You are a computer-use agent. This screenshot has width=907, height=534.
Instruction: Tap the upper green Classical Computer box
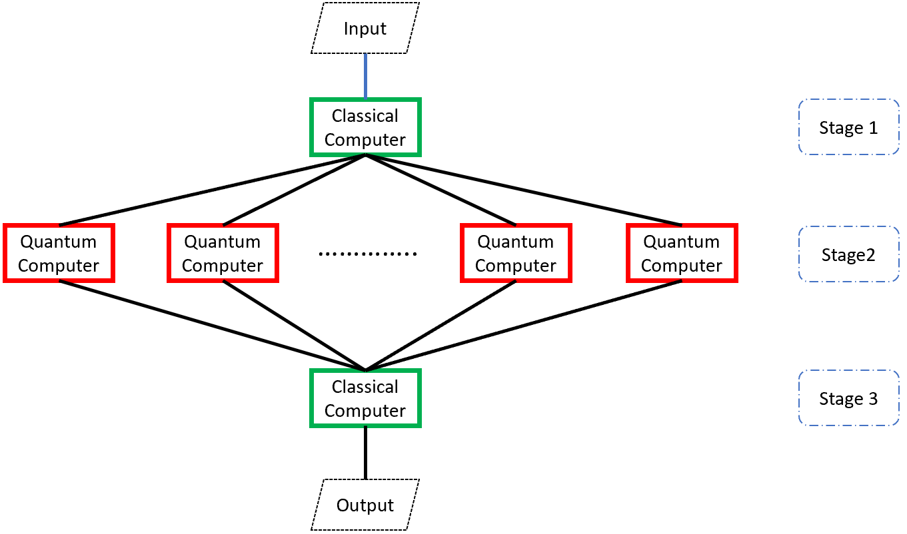click(x=365, y=127)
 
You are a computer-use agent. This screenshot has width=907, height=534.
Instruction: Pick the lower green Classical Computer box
click(x=365, y=398)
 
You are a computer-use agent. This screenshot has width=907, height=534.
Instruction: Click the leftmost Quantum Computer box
click(x=59, y=253)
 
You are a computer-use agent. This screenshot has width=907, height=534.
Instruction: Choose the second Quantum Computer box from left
click(x=223, y=253)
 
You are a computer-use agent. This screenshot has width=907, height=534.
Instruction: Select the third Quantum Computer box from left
click(x=516, y=253)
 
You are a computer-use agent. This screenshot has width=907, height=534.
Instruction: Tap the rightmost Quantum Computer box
click(x=681, y=253)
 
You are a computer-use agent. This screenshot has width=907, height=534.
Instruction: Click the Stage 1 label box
click(x=848, y=127)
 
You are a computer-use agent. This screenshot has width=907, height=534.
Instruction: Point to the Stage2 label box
click(x=848, y=254)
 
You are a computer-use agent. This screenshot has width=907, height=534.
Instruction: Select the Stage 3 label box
click(x=848, y=398)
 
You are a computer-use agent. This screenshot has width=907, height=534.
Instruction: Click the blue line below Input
click(x=365, y=76)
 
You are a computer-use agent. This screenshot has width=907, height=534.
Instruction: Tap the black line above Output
click(x=365, y=452)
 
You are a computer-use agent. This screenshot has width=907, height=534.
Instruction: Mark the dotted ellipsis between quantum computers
click(x=368, y=254)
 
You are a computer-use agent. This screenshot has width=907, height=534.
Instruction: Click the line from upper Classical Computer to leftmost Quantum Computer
click(x=212, y=190)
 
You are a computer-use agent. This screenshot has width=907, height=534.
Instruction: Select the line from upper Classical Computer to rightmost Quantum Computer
click(x=523, y=190)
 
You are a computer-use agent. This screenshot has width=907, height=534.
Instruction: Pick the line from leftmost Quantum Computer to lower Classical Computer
click(x=212, y=326)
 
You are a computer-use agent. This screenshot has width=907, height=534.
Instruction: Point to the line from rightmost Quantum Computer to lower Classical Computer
click(x=523, y=326)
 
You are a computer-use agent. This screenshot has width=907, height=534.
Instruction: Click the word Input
click(x=365, y=29)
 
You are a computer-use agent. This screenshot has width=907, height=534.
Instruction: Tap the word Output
click(x=365, y=505)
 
